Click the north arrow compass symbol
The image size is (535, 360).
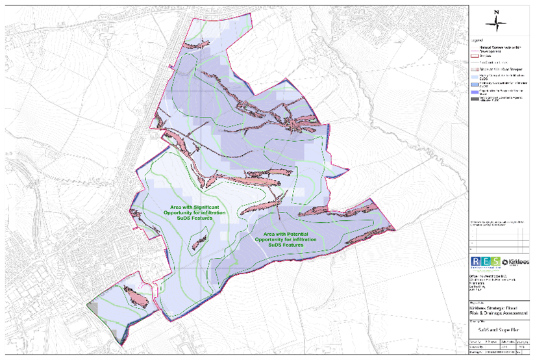(497, 25)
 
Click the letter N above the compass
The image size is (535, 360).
(497, 12)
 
